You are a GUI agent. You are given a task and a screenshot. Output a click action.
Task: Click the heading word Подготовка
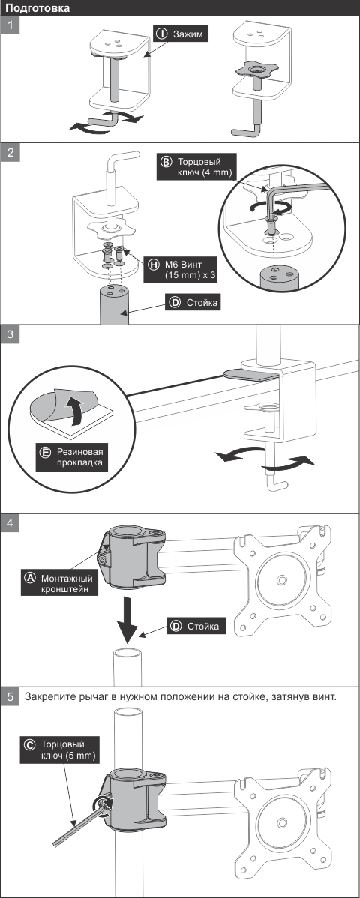(x=37, y=8)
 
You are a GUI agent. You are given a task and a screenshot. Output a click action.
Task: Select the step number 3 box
(x=10, y=334)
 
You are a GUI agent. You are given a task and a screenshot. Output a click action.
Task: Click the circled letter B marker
(x=166, y=162)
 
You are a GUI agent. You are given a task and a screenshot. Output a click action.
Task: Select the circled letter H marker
(x=154, y=265)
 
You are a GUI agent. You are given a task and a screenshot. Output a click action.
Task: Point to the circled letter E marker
(x=45, y=452)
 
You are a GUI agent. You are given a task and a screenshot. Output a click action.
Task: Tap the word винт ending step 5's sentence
(x=325, y=697)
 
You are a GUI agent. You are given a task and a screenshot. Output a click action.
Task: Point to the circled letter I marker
(x=161, y=34)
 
